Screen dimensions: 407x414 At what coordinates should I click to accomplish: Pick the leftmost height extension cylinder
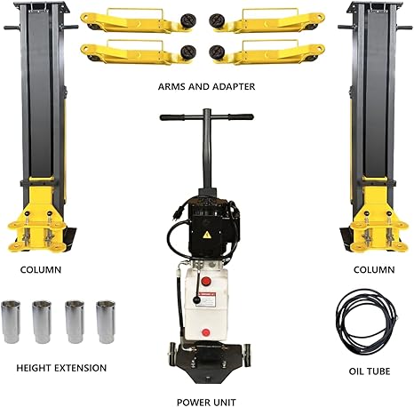point(16,322)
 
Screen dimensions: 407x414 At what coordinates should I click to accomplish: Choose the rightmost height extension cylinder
point(106,322)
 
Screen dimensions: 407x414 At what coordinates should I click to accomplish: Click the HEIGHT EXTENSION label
point(61,367)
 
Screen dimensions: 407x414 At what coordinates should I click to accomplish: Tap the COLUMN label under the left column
point(41,267)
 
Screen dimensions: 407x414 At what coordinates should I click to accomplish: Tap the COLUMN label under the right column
point(372,267)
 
